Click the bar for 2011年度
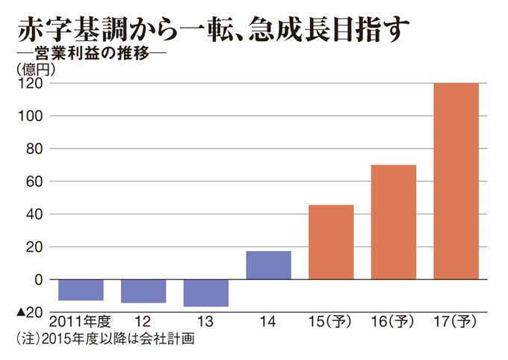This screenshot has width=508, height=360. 80,289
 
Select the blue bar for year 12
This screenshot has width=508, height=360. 143,291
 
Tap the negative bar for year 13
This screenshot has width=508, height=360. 205,292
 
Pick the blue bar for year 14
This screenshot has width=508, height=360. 268,265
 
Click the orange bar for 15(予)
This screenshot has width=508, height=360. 331,241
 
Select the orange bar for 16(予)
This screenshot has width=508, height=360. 394,221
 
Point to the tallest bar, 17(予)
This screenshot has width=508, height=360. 456,181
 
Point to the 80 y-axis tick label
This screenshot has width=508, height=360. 33,149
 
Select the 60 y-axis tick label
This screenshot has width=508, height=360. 33,181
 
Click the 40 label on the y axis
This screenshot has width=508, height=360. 33,214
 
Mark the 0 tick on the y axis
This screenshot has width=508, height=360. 37,279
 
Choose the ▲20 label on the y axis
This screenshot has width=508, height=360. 29,311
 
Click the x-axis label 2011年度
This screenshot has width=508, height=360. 80,322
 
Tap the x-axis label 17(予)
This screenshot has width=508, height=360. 456,322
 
